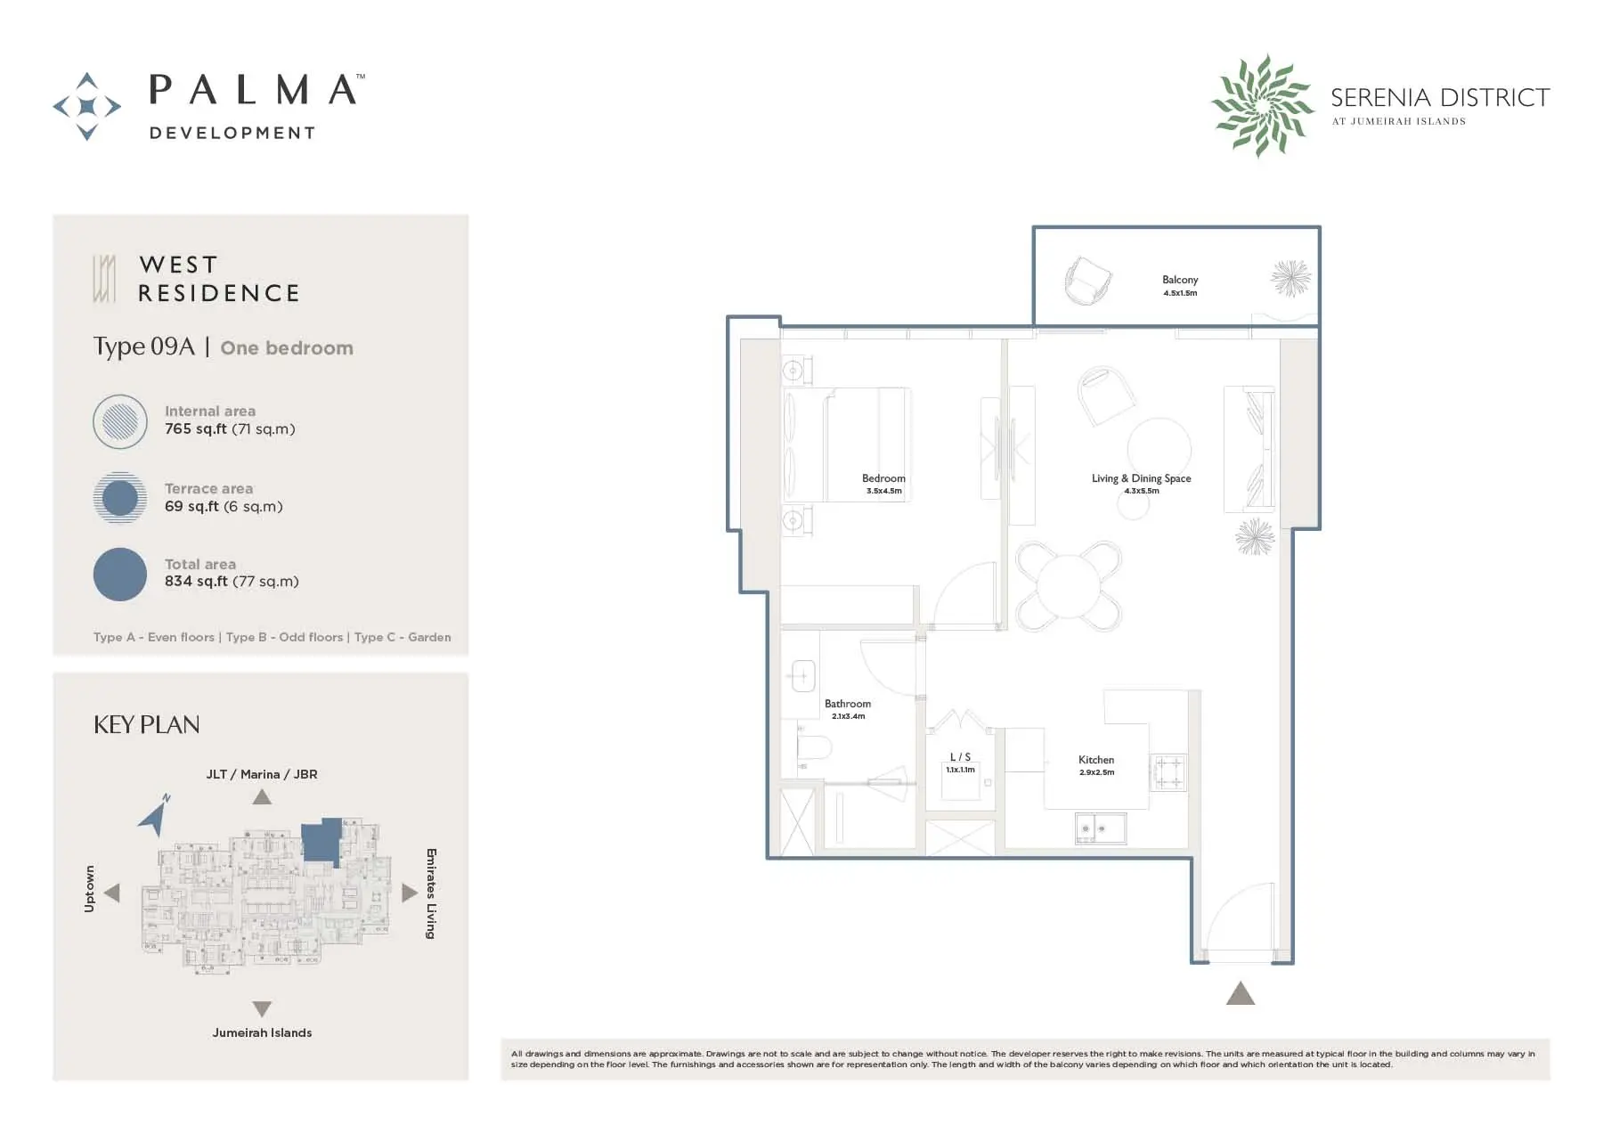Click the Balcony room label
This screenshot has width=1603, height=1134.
click(x=1179, y=280)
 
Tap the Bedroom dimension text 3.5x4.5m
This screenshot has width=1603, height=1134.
click(x=883, y=491)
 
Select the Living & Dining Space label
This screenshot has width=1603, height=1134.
click(x=1141, y=478)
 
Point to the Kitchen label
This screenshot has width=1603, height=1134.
click(x=1095, y=760)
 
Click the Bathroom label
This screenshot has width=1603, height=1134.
click(x=848, y=704)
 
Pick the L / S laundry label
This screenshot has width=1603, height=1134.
click(x=960, y=757)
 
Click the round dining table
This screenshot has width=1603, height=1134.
click(x=1069, y=586)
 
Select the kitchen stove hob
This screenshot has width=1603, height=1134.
click(x=1168, y=772)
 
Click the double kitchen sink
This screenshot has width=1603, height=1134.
click(x=1100, y=828)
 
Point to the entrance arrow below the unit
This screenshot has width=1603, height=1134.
click(x=1240, y=993)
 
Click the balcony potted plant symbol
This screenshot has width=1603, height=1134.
click(x=1290, y=278)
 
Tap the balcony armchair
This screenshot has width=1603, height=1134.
click(x=1087, y=280)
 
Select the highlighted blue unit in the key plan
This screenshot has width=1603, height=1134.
click(x=321, y=841)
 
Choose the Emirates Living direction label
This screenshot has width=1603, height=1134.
click(x=431, y=893)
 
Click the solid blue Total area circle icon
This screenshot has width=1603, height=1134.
click(x=120, y=574)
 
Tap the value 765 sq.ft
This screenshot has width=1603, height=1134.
click(x=196, y=429)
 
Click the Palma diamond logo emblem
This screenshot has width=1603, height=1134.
click(x=87, y=107)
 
